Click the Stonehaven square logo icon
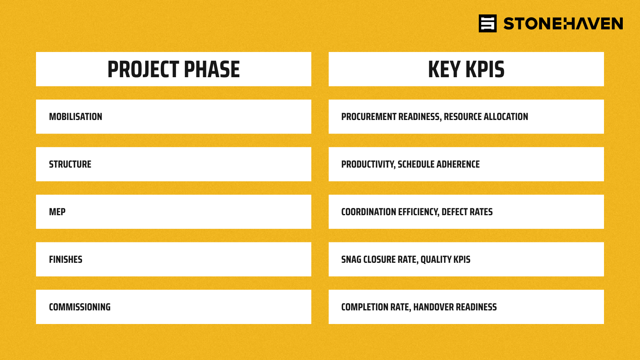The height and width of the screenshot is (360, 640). click(x=488, y=24)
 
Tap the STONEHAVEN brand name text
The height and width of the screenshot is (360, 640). click(x=563, y=24)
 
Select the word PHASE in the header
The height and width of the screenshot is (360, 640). click(x=212, y=69)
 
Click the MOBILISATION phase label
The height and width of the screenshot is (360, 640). click(x=76, y=116)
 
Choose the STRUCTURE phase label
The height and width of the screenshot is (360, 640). click(x=70, y=164)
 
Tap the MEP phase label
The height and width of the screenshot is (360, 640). click(x=57, y=212)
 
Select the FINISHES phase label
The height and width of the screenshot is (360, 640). click(x=66, y=260)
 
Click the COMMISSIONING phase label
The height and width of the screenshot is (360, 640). click(x=80, y=307)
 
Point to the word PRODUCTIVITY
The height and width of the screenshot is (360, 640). click(x=368, y=164)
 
